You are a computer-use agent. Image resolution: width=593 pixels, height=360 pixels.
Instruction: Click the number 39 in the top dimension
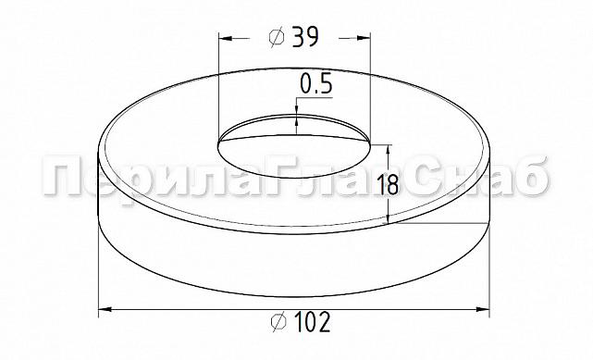tap(307, 37)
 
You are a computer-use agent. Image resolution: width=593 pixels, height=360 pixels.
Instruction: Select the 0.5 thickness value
tap(315, 84)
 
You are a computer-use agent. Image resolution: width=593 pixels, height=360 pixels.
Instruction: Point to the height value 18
tap(389, 183)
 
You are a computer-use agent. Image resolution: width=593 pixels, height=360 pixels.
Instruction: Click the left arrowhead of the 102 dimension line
tap(104, 308)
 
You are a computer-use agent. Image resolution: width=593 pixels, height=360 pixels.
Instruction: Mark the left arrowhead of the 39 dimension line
tap(223, 38)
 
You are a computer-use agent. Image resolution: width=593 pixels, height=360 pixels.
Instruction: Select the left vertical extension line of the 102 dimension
tap(98, 268)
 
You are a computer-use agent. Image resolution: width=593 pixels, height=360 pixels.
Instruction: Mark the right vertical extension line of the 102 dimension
tap(488, 268)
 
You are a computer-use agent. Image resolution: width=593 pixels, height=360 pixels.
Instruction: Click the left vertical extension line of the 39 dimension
tap(217, 83)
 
